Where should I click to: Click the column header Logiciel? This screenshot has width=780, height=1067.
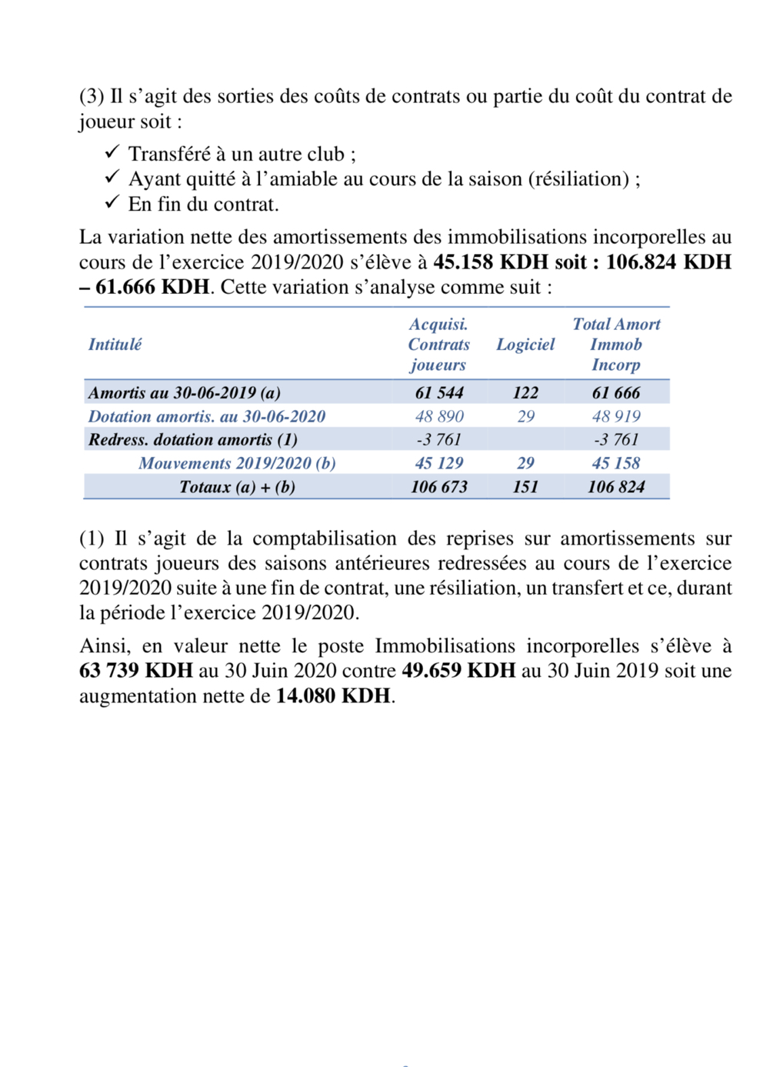click(x=525, y=345)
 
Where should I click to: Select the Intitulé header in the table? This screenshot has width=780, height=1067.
click(x=115, y=345)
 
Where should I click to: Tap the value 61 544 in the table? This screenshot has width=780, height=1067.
click(x=438, y=393)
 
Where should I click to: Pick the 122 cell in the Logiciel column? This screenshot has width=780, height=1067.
click(x=525, y=393)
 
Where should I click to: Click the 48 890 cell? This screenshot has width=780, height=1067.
click(x=439, y=417)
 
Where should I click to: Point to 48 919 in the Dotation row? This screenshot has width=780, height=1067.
click(x=615, y=417)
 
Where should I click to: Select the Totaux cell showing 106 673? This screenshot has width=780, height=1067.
click(x=438, y=487)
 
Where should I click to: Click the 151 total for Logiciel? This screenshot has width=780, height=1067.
click(x=525, y=487)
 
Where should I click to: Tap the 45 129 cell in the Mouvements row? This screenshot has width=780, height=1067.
click(x=438, y=463)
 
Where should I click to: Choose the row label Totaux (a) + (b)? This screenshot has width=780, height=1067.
click(x=237, y=487)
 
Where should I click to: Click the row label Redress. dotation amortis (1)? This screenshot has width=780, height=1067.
click(x=192, y=440)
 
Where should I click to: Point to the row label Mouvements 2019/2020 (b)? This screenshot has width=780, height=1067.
click(x=237, y=463)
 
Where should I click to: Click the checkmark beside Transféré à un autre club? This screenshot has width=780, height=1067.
click(x=112, y=152)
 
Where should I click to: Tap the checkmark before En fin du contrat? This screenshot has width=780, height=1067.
click(x=112, y=202)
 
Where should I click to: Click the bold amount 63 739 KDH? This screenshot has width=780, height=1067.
click(x=135, y=671)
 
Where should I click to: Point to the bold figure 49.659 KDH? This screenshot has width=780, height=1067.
click(x=458, y=671)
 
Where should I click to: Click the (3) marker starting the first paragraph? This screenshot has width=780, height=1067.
click(x=92, y=97)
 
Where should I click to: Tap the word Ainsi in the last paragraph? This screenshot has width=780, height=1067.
click(x=103, y=646)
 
